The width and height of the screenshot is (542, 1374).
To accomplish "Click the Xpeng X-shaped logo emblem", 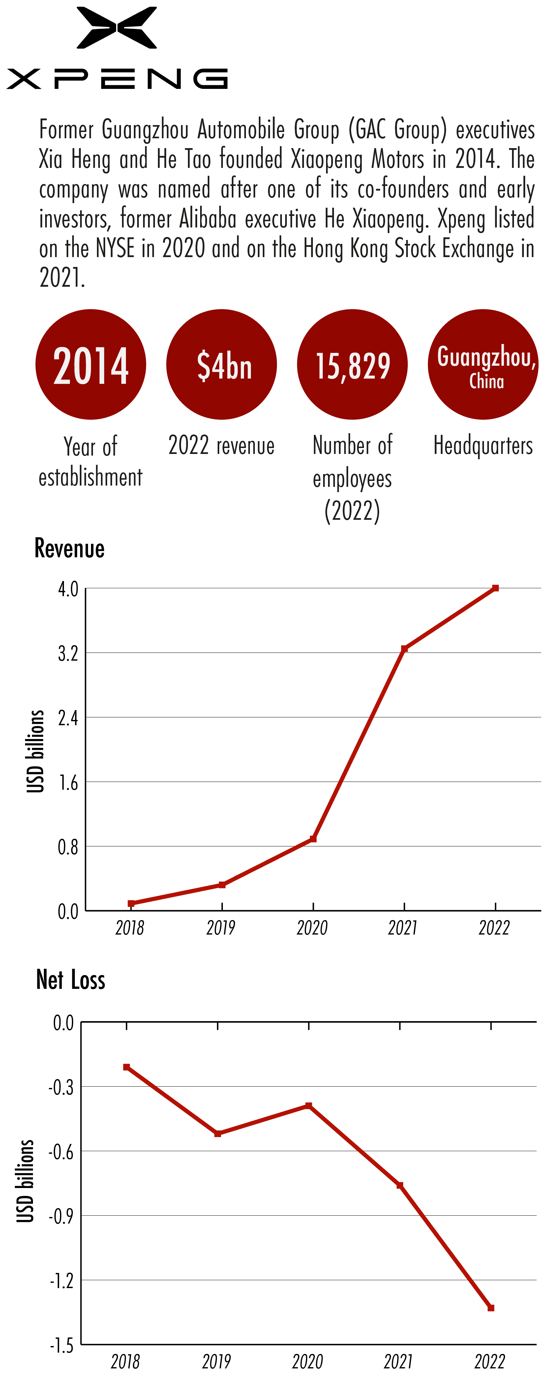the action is [x=117, y=28].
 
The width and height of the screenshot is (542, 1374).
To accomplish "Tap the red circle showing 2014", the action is [x=91, y=364].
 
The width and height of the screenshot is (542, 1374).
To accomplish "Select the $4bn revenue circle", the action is [x=222, y=364].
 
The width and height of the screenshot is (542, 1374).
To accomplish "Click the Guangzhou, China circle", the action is [x=483, y=364].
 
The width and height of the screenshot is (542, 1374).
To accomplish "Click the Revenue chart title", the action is [x=70, y=548].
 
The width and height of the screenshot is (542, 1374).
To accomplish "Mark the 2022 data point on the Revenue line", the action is [x=496, y=588].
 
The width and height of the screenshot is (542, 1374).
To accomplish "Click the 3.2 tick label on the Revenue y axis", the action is [x=68, y=653].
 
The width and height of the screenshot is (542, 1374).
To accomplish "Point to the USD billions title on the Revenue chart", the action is [x=35, y=751].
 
